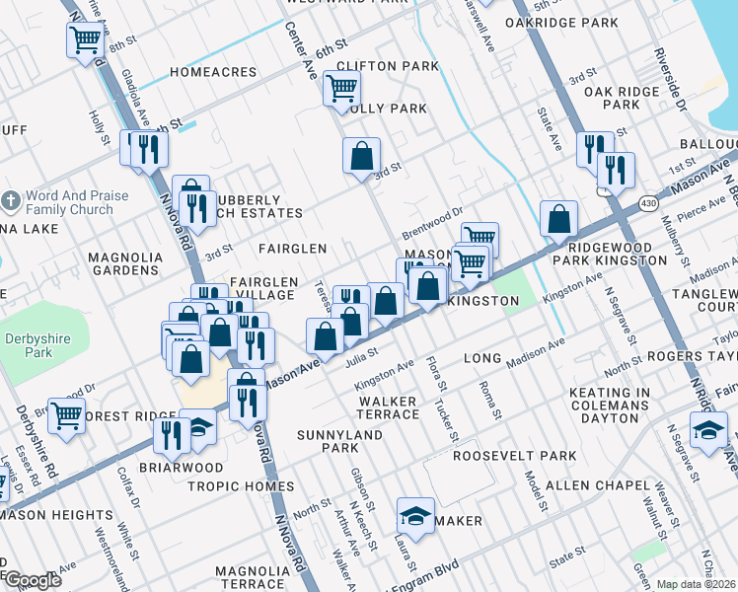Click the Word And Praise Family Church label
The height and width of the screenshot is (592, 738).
[x=77, y=202]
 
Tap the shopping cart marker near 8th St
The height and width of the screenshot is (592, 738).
[x=86, y=40]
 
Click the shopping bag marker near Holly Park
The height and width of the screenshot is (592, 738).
[x=362, y=155]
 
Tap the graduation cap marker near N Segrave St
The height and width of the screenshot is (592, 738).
[x=708, y=430]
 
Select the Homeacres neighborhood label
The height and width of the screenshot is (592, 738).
[x=213, y=72]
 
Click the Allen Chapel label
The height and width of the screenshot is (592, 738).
[x=593, y=458]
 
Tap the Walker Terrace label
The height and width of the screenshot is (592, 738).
[x=389, y=408]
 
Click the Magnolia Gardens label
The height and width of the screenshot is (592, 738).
[x=124, y=263]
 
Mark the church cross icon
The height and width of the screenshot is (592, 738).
[x=11, y=202]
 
